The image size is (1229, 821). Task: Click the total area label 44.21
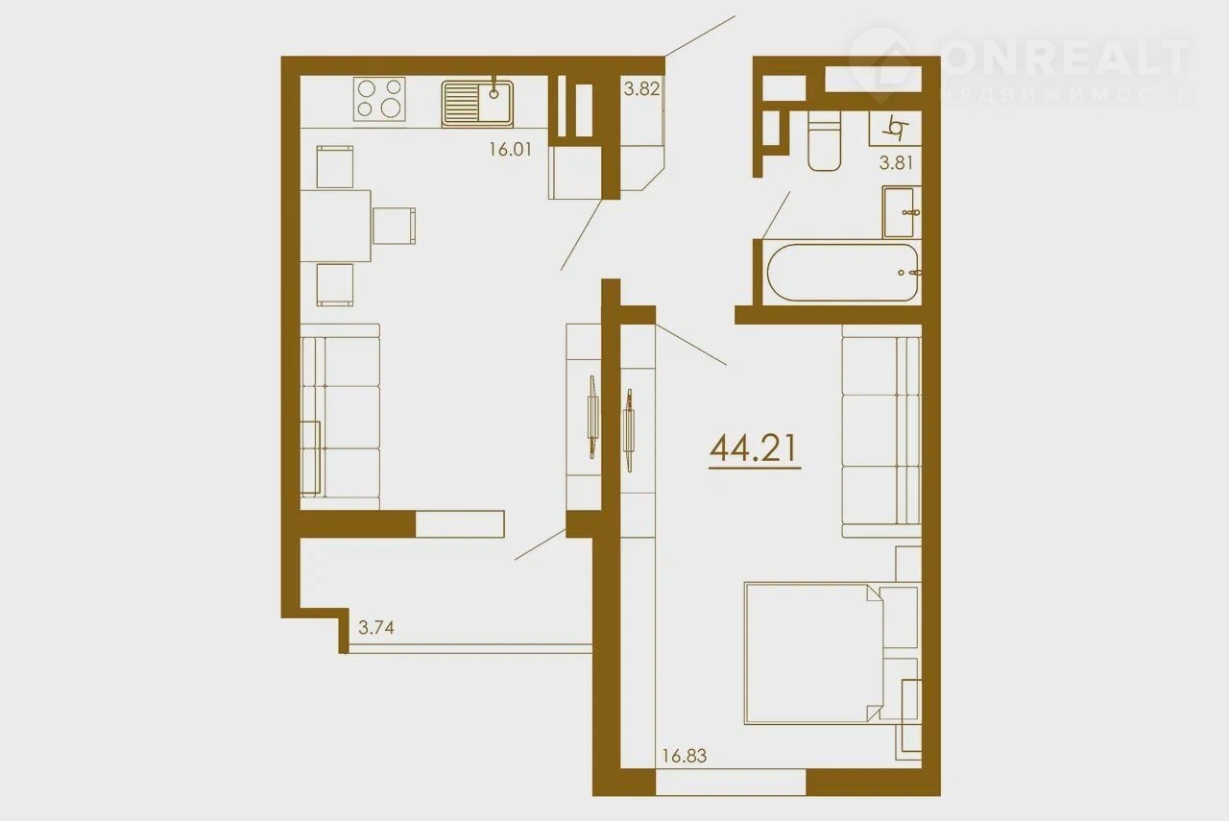coord(754,449)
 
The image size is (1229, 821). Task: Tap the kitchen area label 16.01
coord(510,149)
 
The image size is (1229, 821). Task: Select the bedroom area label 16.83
coord(685,756)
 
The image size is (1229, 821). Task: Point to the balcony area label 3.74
coord(375,627)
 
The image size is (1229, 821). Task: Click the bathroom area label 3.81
coord(896,162)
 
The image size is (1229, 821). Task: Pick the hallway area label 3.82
coord(641,88)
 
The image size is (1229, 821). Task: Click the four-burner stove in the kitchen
coord(379,99)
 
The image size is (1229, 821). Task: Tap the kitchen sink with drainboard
coord(477,103)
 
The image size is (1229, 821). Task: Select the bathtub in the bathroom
coord(842,272)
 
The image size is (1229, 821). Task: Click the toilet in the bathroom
coord(824,141)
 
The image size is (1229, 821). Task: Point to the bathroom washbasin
coord(902,212)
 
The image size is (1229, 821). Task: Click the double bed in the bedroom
coord(831,653)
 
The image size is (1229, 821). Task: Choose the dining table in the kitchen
coord(335,226)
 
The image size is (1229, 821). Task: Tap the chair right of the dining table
coord(394,226)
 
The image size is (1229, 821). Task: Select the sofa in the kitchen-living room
coord(340,417)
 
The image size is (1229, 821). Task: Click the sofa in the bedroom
coord(881,431)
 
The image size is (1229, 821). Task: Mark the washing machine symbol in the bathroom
coord(895,129)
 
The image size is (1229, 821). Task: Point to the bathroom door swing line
coord(776,215)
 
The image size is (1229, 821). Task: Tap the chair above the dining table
coord(335,167)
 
